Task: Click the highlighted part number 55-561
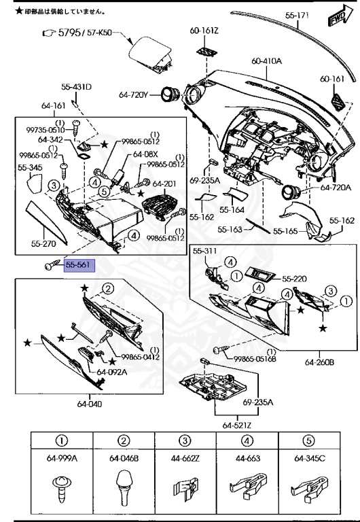click(x=80, y=266)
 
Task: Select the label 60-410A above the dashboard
click(x=266, y=61)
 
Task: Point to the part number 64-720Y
click(x=134, y=95)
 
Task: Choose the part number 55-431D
click(x=76, y=87)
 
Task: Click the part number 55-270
click(x=45, y=242)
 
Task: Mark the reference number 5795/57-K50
click(x=86, y=32)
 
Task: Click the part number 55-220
click(x=295, y=279)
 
